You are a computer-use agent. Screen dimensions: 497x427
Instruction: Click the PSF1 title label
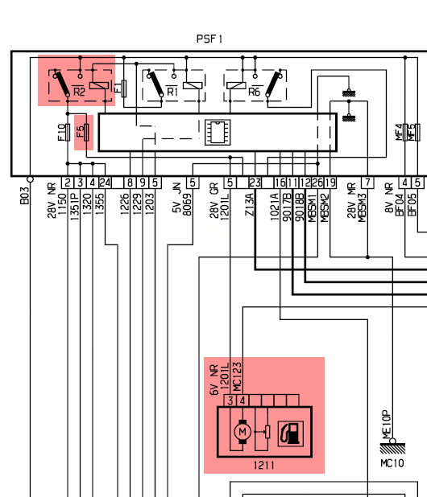click(x=209, y=39)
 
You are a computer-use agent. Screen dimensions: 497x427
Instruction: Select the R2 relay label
click(x=79, y=92)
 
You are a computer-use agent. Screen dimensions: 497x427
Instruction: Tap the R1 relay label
click(x=172, y=92)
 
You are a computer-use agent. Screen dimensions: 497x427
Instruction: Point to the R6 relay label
click(x=254, y=92)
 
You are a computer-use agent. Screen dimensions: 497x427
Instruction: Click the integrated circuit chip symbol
click(x=217, y=132)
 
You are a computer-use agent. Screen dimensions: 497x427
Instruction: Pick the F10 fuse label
click(x=63, y=132)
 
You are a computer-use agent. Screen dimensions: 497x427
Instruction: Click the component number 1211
click(x=264, y=465)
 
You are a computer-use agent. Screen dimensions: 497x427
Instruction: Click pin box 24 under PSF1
click(x=106, y=183)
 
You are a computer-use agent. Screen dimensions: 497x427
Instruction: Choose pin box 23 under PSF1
click(x=255, y=183)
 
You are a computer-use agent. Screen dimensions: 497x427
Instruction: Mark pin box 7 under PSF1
click(x=367, y=183)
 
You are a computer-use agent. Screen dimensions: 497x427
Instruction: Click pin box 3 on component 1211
click(x=230, y=400)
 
